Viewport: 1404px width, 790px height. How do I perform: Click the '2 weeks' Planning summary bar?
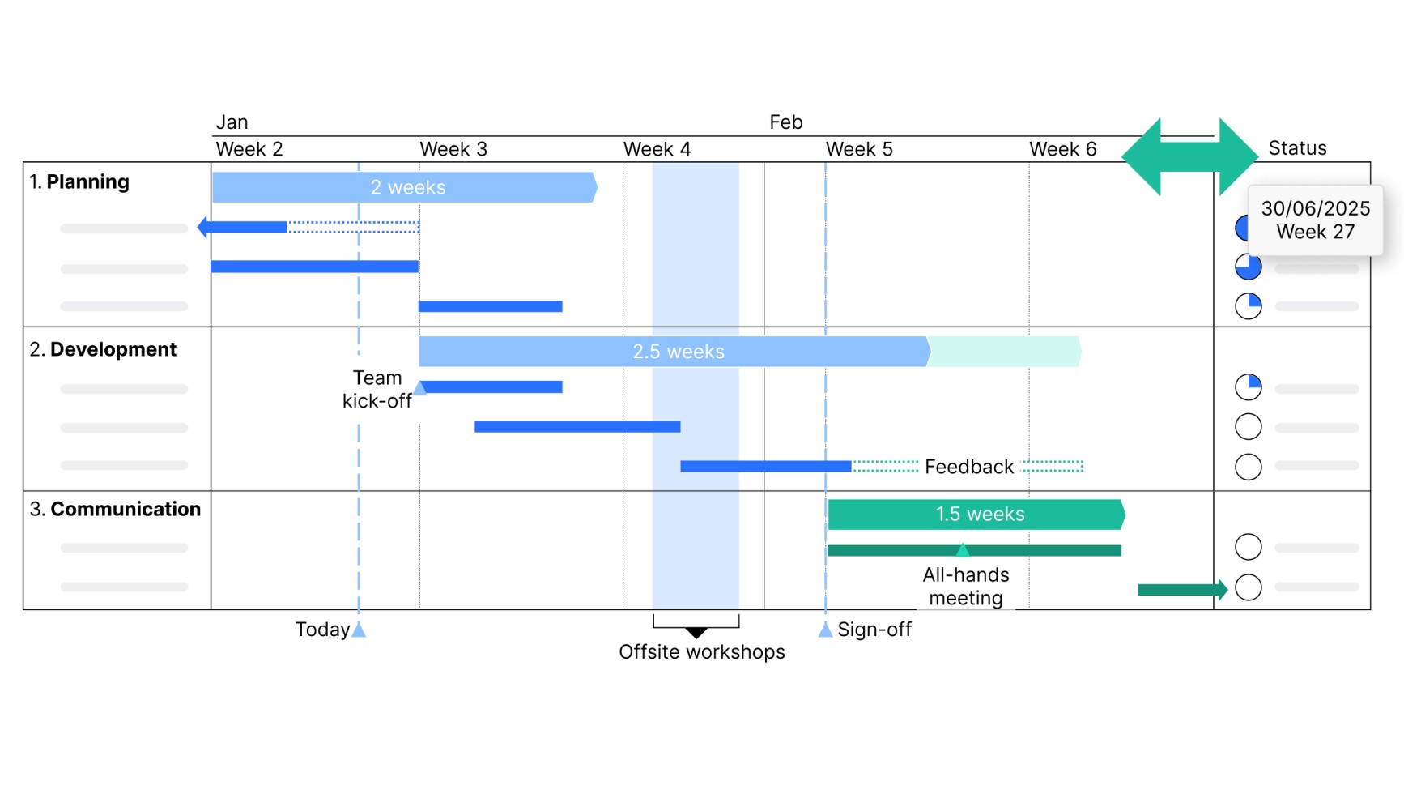[405, 187]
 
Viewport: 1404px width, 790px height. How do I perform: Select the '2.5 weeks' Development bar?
[674, 352]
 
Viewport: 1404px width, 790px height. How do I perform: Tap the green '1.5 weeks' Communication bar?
[976, 515]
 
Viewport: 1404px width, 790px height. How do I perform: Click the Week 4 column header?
[657, 149]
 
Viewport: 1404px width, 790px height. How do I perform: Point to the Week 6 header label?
[1062, 149]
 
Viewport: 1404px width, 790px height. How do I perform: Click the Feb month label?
[785, 122]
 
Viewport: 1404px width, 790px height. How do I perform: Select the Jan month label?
[232, 122]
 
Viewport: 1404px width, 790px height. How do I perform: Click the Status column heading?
[1297, 148]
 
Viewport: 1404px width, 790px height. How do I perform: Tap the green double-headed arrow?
[1189, 156]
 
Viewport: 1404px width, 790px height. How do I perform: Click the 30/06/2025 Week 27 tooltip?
[1315, 220]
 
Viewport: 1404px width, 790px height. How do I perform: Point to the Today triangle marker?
[359, 630]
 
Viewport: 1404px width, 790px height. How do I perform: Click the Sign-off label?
[874, 630]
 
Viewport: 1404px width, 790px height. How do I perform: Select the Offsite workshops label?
[701, 652]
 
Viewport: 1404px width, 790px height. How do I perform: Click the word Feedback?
[969, 467]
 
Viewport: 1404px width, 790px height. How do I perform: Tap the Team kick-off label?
[377, 390]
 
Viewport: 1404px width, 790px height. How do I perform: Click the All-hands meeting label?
[966, 587]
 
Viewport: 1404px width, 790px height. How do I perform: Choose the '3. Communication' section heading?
[115, 509]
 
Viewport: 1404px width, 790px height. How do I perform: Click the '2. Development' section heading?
[103, 349]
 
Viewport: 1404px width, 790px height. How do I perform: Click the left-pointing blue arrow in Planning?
[242, 228]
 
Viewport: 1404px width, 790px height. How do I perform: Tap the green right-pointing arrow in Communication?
[1183, 590]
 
